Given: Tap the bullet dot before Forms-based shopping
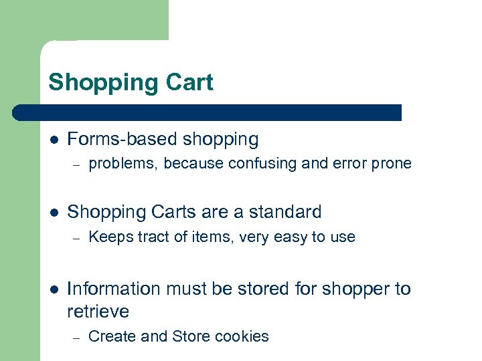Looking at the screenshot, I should click(54, 140).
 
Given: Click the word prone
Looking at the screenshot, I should click(393, 164).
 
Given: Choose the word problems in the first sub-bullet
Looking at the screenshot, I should click(120, 164).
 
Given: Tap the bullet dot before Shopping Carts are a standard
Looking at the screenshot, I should click(54, 213).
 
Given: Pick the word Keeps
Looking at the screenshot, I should click(108, 237).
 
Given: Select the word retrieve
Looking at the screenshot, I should click(98, 312).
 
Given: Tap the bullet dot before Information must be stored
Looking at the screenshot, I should click(54, 289).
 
